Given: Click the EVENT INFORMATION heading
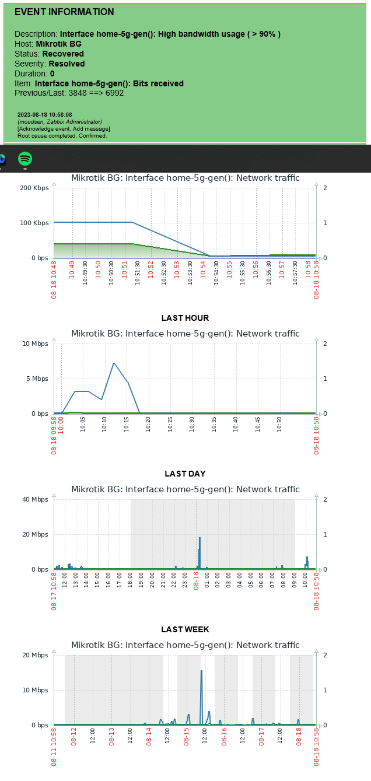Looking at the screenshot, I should point(64,12).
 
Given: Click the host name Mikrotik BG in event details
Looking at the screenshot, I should point(58,44).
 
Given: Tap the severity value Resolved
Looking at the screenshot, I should point(66,64).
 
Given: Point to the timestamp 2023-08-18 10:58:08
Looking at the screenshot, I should point(44,115).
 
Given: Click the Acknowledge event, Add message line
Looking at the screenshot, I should point(64,128).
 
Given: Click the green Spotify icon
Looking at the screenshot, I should point(25,159).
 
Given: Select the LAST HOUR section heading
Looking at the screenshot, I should point(185,318).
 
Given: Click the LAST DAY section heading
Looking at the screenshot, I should point(185,474).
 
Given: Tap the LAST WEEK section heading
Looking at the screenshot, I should point(185,629).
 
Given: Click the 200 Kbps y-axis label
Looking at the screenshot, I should point(34,188).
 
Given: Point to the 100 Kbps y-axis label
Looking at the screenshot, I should point(34,223).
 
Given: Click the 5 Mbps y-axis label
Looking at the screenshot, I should point(36,379).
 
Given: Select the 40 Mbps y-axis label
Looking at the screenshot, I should point(36,499).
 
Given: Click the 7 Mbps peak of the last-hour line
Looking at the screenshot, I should point(114,363).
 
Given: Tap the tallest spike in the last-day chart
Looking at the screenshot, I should point(199,538).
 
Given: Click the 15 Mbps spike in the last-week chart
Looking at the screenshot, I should point(201,671).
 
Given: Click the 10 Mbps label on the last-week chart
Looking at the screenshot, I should point(36,690).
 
